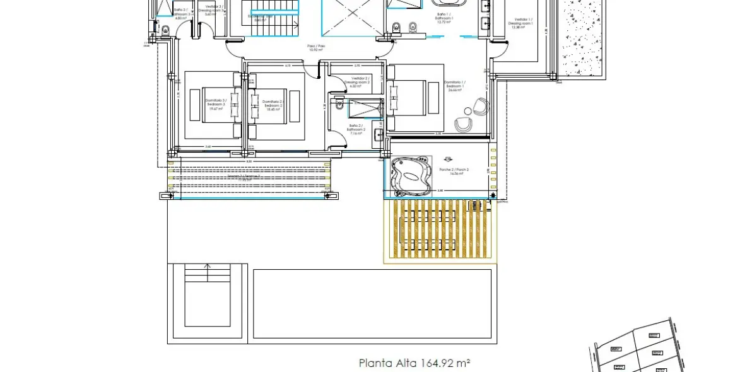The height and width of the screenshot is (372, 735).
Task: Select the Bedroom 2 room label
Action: pyautogui.click(x=273, y=104)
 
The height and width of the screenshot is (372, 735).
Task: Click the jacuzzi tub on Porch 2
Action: pyautogui.click(x=411, y=175)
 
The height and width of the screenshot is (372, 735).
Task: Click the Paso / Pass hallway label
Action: pyautogui.click(x=315, y=48)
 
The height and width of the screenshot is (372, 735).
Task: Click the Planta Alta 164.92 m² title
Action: pyautogui.click(x=415, y=363)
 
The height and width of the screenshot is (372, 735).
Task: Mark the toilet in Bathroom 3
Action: pyautogui.click(x=165, y=29)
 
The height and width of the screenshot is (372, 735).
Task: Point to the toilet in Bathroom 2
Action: pyautogui.click(x=338, y=107)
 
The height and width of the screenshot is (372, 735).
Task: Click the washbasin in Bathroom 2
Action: pyautogui.click(x=377, y=134)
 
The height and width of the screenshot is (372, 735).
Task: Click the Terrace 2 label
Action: pyautogui.click(x=249, y=178)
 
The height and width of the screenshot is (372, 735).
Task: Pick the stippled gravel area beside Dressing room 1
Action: pyautogui.click(x=584, y=38)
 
